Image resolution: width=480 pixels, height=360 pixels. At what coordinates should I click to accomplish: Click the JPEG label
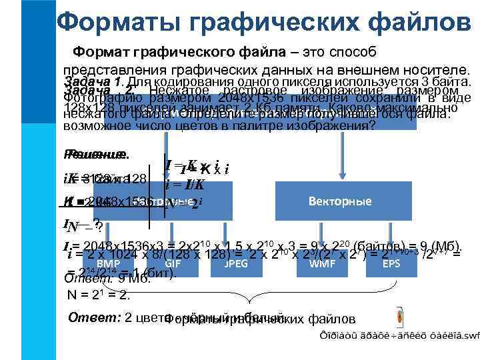(237, 264)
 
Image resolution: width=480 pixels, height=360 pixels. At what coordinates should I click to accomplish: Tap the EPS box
(391, 264)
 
